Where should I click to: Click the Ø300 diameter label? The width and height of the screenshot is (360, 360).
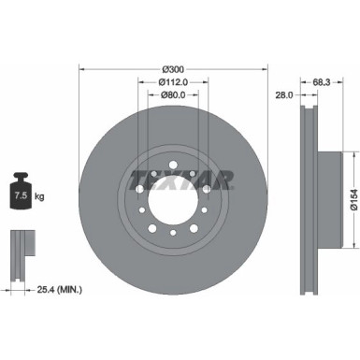[x=173, y=69]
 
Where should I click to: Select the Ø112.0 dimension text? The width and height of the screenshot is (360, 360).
[x=173, y=81]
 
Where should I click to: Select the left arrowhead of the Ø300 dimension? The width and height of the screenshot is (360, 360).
[x=82, y=69]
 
